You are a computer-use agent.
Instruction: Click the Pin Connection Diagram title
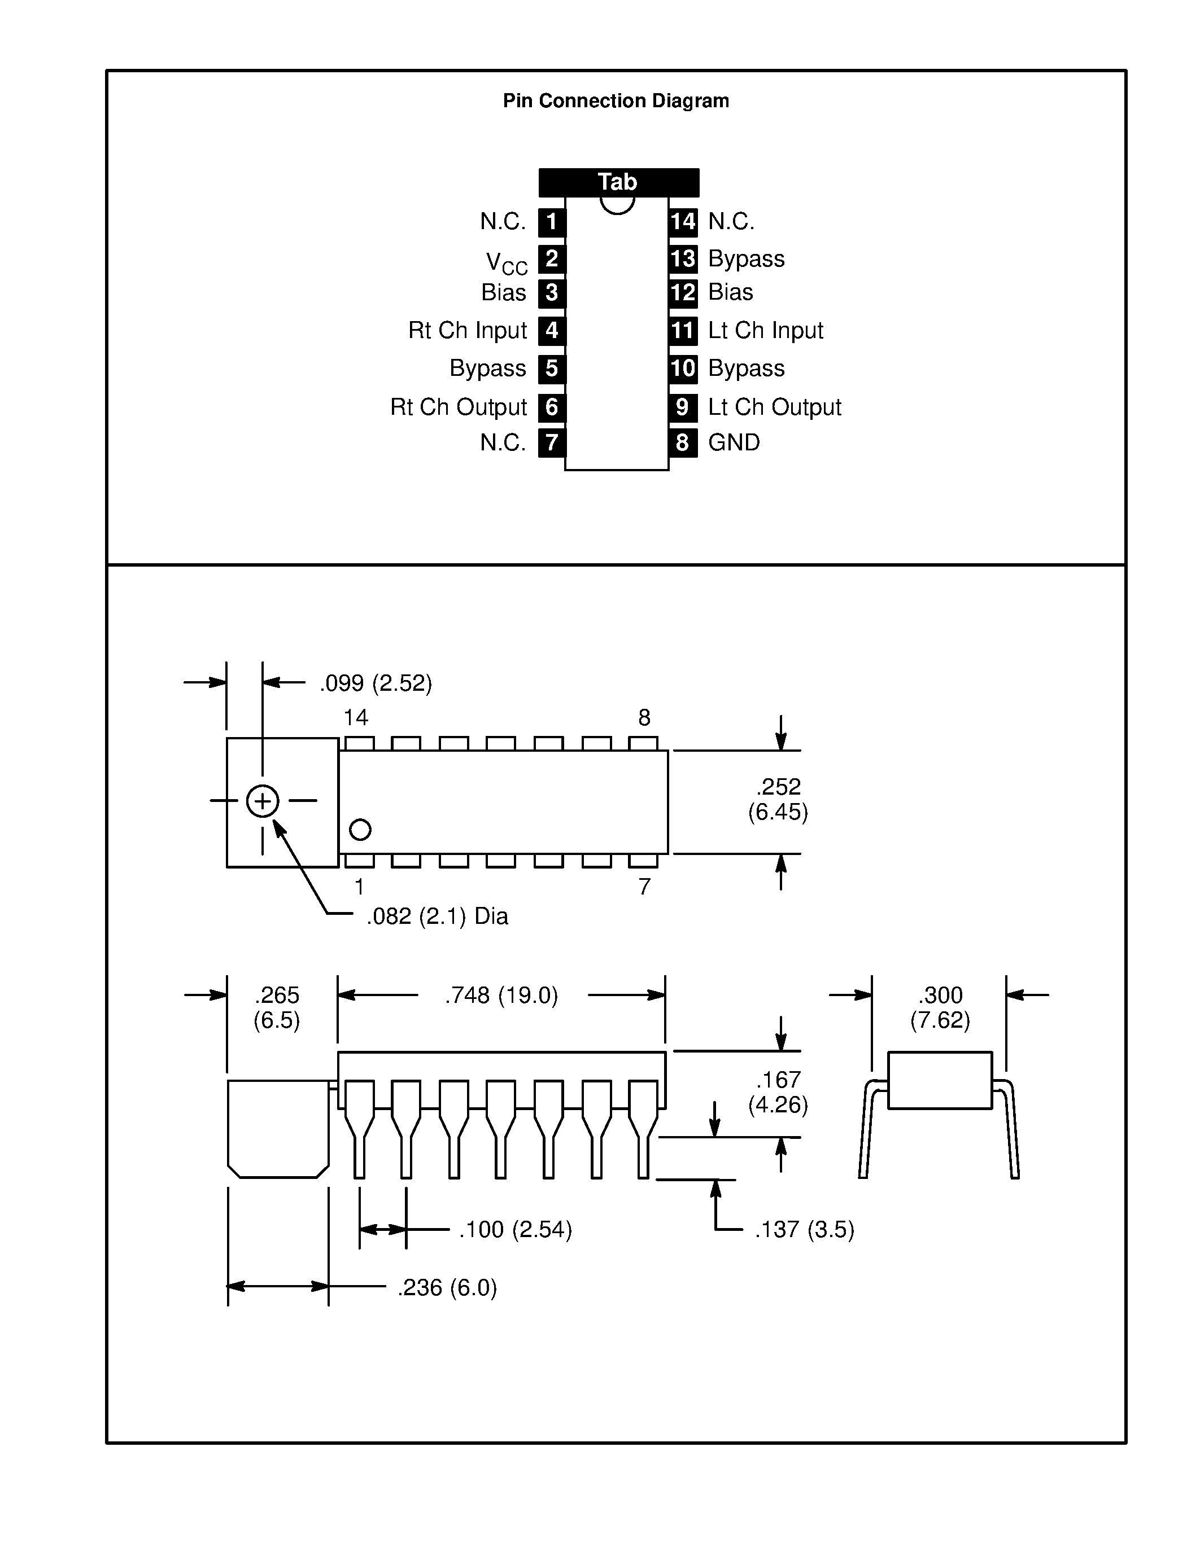coord(616,101)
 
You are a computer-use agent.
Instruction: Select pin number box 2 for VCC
coord(552,258)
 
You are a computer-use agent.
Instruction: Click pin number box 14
coord(683,222)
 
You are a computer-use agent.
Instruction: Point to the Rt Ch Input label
coord(467,331)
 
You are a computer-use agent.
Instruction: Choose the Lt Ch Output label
coord(774,407)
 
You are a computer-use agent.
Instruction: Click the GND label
coord(734,442)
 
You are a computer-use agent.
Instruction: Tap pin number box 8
coord(683,442)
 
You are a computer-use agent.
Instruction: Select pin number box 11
coord(683,331)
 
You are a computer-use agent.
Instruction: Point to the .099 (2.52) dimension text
coord(376,683)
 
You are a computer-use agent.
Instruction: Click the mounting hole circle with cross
coord(263,801)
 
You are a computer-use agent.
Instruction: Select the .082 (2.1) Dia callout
coord(437,917)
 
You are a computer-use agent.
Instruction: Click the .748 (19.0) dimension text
coord(501,996)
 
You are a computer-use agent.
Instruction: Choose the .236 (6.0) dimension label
coord(447,1288)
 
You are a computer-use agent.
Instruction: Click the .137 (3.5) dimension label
coord(804,1229)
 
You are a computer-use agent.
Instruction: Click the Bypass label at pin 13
coord(747,258)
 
